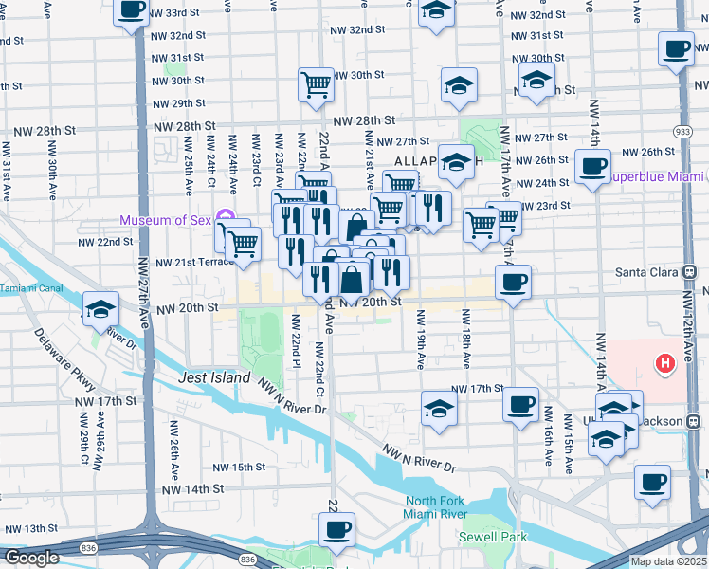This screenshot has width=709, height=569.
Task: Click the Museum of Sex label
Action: click(x=167, y=221)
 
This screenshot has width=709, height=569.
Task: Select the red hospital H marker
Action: click(x=665, y=362)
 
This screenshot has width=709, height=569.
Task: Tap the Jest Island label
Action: click(x=214, y=377)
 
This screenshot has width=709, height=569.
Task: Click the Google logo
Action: click(x=31, y=558)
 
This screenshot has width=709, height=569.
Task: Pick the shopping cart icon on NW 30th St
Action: click(x=317, y=85)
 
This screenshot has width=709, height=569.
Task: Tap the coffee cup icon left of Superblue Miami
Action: click(x=593, y=167)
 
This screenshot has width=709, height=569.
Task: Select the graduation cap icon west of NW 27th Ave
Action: click(x=100, y=309)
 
